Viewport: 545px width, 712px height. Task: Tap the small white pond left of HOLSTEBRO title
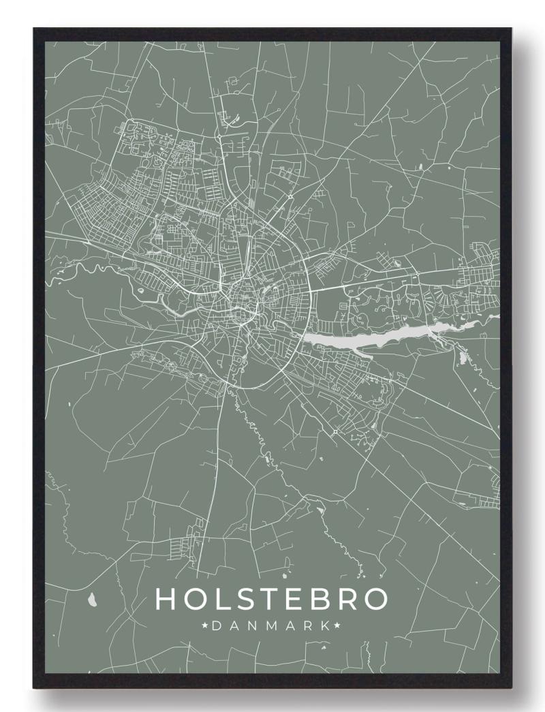point(93,600)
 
